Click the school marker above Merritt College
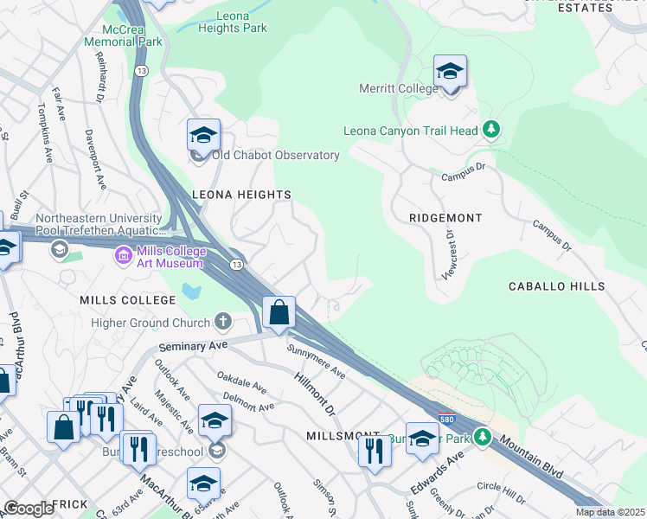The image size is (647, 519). (x=450, y=71)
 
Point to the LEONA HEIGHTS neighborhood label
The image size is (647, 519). (x=241, y=195)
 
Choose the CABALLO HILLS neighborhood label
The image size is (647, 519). (x=556, y=286)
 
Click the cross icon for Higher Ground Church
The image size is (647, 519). (x=223, y=323)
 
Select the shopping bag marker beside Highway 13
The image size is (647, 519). (x=279, y=312)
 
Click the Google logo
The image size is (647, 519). (x=28, y=509)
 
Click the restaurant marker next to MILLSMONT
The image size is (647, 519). (x=374, y=452)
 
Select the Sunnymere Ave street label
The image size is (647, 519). (x=316, y=363)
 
